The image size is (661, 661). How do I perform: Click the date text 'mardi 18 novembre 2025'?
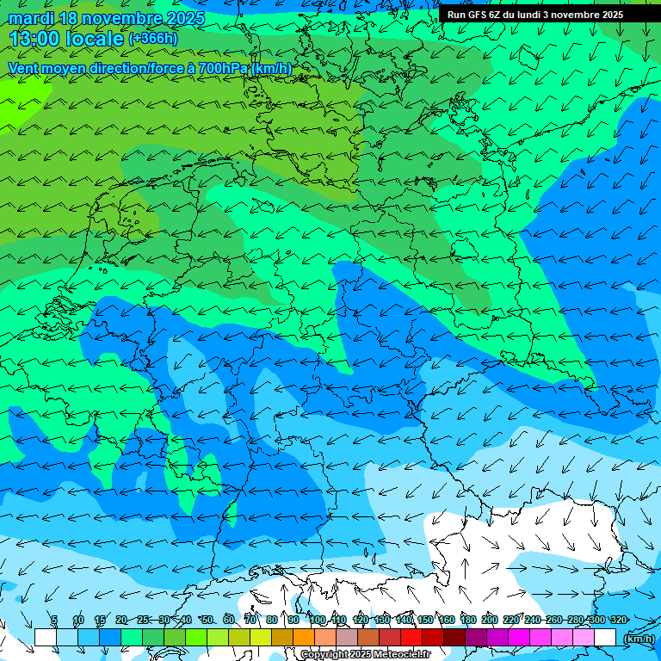pos(107,18)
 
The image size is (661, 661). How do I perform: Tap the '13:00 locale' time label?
pos(67,39)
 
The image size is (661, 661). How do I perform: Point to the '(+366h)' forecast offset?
pos(153,39)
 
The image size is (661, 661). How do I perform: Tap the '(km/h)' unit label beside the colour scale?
pos(639,639)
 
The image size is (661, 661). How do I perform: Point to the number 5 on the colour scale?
pos(54,620)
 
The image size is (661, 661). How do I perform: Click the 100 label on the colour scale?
pos(318,620)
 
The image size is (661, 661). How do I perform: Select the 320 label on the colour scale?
pos(618,620)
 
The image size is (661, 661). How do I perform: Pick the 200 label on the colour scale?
pos(490,620)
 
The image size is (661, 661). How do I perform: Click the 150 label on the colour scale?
pos(425,620)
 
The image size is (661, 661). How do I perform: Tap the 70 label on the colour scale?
pos(250,620)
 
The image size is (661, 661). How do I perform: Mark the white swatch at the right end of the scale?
pos(605,637)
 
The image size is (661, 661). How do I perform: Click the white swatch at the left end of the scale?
pos(45,637)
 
